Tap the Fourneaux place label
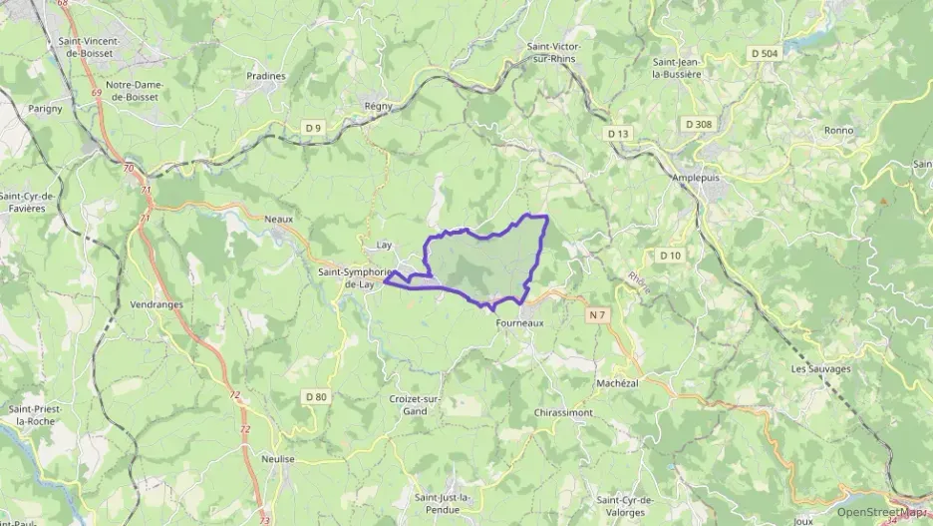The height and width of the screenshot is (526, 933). [x=518, y=322]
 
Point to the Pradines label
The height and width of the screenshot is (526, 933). [x=266, y=75]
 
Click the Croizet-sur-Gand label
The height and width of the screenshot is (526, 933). [x=409, y=404]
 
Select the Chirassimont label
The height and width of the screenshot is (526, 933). [x=563, y=412]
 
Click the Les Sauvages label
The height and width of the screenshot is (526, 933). [x=820, y=368]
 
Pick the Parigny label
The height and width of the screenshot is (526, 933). [x=45, y=108]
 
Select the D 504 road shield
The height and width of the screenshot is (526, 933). [x=765, y=53]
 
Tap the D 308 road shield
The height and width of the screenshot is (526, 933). [x=698, y=124]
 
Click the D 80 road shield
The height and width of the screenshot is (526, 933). [x=315, y=397]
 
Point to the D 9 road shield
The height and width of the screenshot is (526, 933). [x=314, y=127]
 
